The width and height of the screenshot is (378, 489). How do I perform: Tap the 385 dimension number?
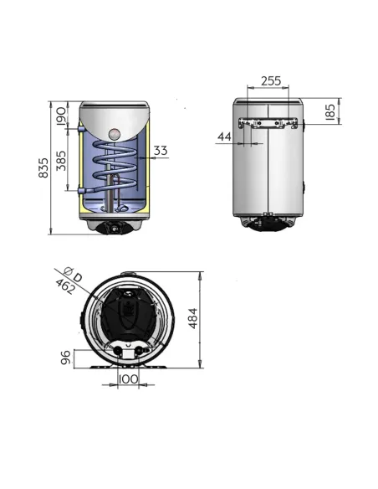tap(60, 159)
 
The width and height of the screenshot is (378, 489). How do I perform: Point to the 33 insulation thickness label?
tap(161, 151)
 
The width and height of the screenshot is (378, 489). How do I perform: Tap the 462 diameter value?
tap(64, 287)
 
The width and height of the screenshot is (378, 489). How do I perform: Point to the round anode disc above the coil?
tap(116, 132)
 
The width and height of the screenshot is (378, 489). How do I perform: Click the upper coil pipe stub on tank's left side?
tap(78, 129)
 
